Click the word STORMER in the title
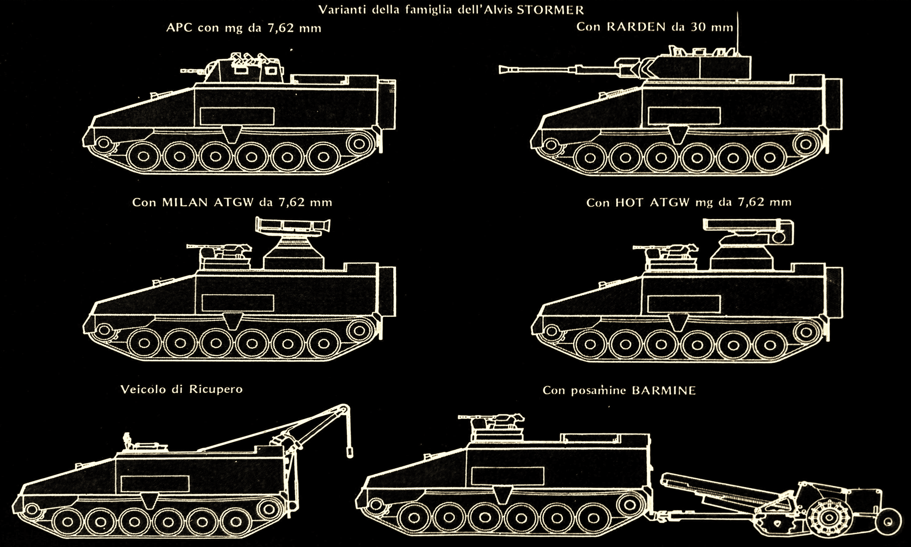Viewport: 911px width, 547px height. pos(550,10)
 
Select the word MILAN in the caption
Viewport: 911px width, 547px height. pos(186,203)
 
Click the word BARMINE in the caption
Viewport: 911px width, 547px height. pos(664,390)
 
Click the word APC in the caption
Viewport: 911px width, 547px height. pos(179,28)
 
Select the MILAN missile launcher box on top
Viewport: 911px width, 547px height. pos(293,225)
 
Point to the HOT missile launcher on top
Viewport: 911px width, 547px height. pos(748,231)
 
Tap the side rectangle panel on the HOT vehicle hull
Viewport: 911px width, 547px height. pos(684,303)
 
